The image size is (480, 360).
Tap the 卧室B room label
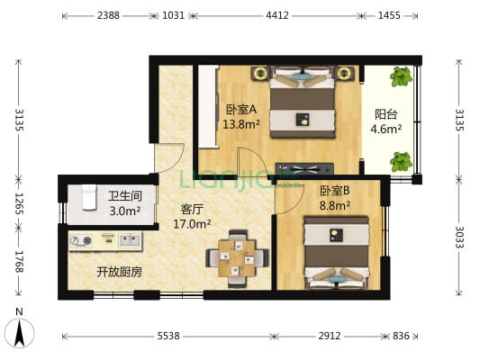coord(335,191)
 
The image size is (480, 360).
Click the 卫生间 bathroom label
coord(124,197)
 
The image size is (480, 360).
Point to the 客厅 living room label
coord(191,209)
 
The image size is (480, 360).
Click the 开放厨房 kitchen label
coord(119,271)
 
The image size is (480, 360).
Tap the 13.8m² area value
coord(241,125)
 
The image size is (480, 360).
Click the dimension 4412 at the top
coord(276,15)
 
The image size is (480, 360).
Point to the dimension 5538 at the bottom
coord(168,337)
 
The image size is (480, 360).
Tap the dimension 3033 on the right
coord(461,238)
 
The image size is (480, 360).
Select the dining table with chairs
coord(238,256)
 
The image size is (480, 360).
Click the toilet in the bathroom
coord(88,195)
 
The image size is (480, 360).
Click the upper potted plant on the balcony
coord(401,77)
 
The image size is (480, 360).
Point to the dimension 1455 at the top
coord(390,15)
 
